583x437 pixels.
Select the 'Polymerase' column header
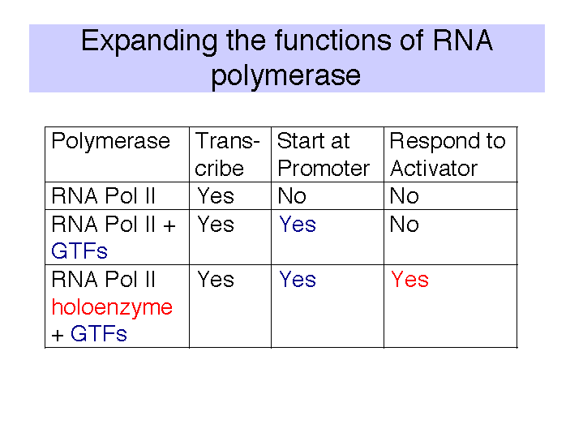111,142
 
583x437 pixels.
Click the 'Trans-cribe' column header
227,155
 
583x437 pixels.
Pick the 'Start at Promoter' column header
324,155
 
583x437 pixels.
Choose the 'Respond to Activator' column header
448,155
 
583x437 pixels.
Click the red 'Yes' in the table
409,280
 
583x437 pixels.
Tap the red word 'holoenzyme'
112,307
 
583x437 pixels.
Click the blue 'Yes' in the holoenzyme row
298,280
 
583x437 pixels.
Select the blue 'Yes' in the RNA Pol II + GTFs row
298,225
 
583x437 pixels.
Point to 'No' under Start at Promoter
292,196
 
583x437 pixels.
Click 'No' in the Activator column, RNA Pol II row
404,196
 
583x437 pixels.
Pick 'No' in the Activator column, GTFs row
404,225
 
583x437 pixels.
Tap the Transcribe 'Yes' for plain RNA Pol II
216,196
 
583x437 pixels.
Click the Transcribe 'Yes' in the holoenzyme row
216,280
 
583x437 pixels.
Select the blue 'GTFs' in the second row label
79,251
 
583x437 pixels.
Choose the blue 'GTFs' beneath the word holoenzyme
99,333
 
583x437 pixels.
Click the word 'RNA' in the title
463,41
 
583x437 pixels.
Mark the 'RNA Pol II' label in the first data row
103,196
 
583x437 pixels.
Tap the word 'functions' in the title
333,41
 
